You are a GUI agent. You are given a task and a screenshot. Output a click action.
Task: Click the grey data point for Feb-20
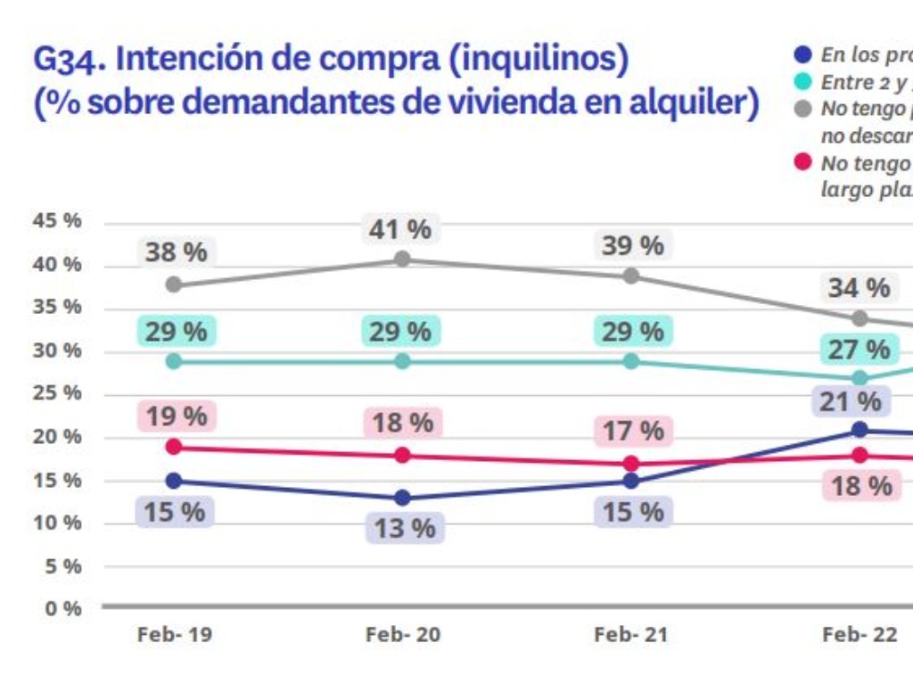402,259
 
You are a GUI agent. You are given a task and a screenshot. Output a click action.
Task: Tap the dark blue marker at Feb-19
174,481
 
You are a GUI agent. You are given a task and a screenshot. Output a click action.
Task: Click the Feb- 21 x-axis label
630,635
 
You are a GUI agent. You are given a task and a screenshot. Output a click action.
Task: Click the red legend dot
802,162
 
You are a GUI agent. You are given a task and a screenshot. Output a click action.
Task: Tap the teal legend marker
802,82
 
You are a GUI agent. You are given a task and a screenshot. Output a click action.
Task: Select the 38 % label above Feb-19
176,252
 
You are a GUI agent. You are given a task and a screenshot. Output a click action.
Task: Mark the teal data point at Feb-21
631,361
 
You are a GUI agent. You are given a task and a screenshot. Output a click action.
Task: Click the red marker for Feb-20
402,455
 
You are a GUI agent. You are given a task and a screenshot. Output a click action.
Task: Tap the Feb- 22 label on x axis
859,635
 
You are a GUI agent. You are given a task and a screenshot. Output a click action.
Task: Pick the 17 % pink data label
632,431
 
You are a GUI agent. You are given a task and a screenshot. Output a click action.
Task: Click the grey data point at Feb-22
860,318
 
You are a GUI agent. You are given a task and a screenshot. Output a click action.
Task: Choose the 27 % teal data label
859,350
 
